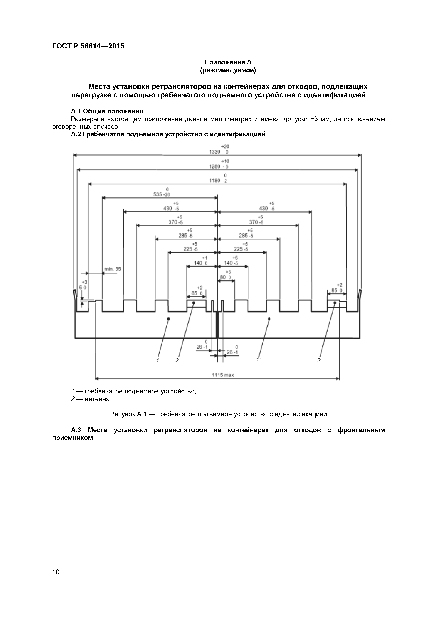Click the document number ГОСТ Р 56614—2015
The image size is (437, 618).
(88, 46)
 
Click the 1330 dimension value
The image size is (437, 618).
(215, 152)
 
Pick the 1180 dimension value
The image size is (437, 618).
(215, 181)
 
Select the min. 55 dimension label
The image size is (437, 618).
(113, 269)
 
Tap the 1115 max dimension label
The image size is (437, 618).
(223, 375)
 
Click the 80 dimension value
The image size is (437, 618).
(223, 277)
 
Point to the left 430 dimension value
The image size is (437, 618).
(167, 209)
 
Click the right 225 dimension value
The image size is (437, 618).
(238, 249)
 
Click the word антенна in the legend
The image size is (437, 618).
(97, 399)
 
